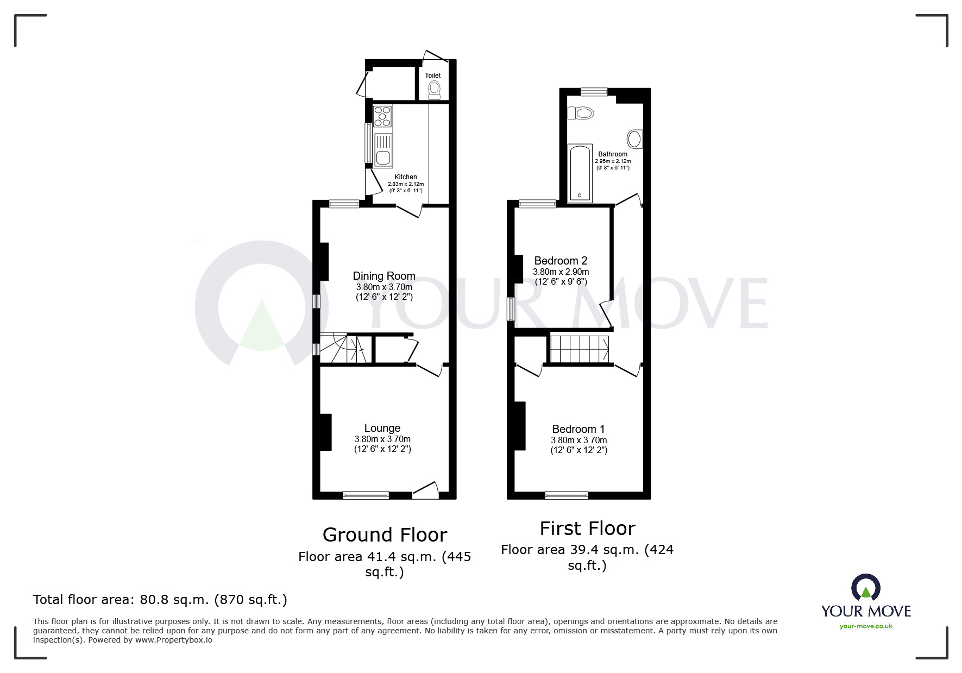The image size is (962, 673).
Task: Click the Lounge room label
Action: pyautogui.click(x=382, y=428)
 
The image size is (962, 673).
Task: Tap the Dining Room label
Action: pyautogui.click(x=383, y=276)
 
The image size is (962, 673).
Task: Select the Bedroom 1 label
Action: pyautogui.click(x=579, y=429)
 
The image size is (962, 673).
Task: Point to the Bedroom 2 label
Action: pyautogui.click(x=561, y=261)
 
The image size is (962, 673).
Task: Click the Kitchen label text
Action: pyautogui.click(x=405, y=177)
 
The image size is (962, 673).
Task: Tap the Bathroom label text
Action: pyautogui.click(x=613, y=154)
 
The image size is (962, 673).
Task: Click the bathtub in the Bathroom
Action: pyautogui.click(x=580, y=173)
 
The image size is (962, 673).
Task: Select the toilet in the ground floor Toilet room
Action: pyautogui.click(x=434, y=90)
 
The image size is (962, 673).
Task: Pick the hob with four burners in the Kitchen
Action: pyautogui.click(x=382, y=116)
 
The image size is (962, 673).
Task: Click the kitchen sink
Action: pyautogui.click(x=382, y=150)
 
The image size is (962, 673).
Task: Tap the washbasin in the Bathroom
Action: pyautogui.click(x=634, y=139)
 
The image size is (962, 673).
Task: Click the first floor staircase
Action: pyautogui.click(x=579, y=349)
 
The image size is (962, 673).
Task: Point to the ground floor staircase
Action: pyautogui.click(x=344, y=349)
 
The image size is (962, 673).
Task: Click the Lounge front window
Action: pyautogui.click(x=366, y=494)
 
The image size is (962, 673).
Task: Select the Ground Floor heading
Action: pyautogui.click(x=385, y=535)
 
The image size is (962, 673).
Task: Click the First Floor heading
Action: pyautogui.click(x=587, y=529)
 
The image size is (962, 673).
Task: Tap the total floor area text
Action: pyautogui.click(x=160, y=600)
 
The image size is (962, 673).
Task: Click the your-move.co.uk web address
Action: pyautogui.click(x=866, y=626)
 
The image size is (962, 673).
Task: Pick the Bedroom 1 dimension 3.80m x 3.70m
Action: pyautogui.click(x=579, y=441)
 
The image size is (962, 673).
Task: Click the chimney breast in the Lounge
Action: pyautogui.click(x=326, y=432)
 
